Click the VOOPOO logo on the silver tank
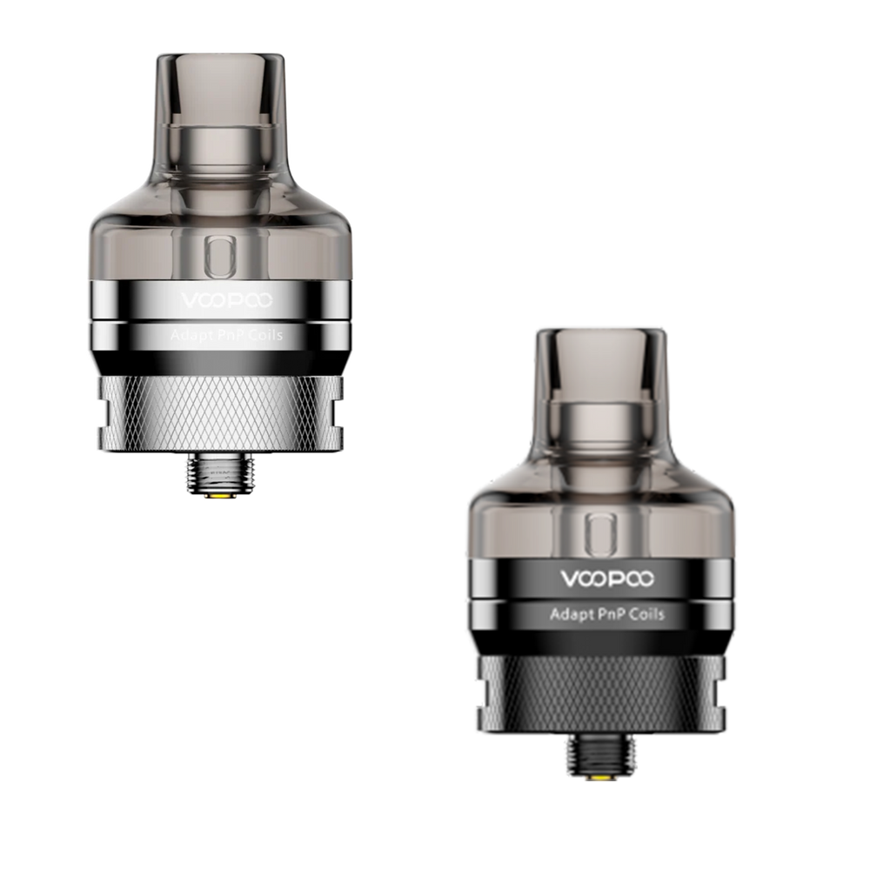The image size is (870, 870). coord(227,300)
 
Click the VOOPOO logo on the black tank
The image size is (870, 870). coord(607,579)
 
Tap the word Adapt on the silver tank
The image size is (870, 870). coord(188,335)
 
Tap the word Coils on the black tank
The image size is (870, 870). coord(647,613)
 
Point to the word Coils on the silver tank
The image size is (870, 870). coord(265,335)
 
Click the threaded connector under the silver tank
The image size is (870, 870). coord(221,474)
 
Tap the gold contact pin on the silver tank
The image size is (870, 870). coord(220,495)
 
